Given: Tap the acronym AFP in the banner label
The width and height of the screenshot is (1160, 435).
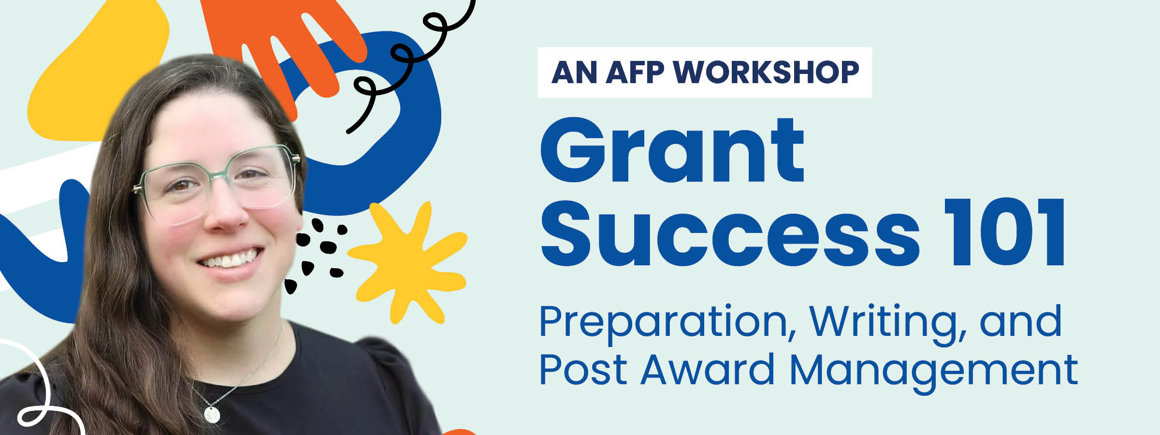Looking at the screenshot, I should (x=635, y=72).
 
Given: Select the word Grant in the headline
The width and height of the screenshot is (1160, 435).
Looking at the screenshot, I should (x=672, y=151).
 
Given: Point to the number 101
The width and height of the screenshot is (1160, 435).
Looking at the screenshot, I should (x=1005, y=233).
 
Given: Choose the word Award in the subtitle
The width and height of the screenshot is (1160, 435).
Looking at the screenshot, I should (x=708, y=370).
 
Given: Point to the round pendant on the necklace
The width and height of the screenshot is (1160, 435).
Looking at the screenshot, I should (x=212, y=415).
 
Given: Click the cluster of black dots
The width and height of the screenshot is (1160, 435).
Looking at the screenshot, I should (x=319, y=251).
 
